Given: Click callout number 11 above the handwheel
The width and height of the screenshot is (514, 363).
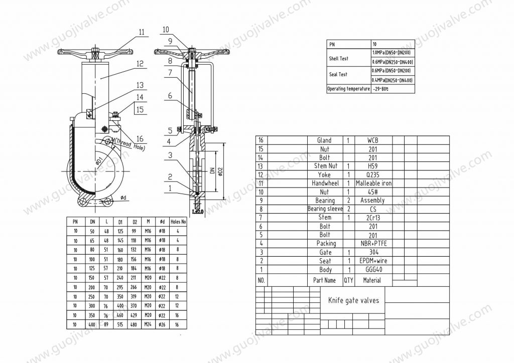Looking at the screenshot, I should [x=141, y=32].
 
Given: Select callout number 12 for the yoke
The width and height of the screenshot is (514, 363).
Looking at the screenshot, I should [x=140, y=64].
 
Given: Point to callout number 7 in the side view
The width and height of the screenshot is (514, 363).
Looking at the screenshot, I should [x=170, y=73].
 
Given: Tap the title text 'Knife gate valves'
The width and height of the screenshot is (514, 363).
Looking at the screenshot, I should [x=353, y=301].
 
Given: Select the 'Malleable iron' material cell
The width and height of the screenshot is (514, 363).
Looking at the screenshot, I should [x=373, y=184].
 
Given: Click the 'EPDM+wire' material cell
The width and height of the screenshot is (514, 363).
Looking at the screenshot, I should [x=373, y=261].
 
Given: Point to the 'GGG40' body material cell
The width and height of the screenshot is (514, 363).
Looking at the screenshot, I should [x=373, y=270].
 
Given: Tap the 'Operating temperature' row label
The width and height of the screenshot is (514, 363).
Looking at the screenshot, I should [x=348, y=89].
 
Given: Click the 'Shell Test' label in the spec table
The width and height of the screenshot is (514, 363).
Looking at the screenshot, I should [x=338, y=59].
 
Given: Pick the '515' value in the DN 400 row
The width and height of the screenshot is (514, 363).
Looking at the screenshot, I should [x=120, y=325].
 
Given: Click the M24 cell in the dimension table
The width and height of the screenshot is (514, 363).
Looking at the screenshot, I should [x=148, y=325].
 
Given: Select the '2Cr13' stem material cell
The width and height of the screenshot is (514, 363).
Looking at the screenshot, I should [x=373, y=218].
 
